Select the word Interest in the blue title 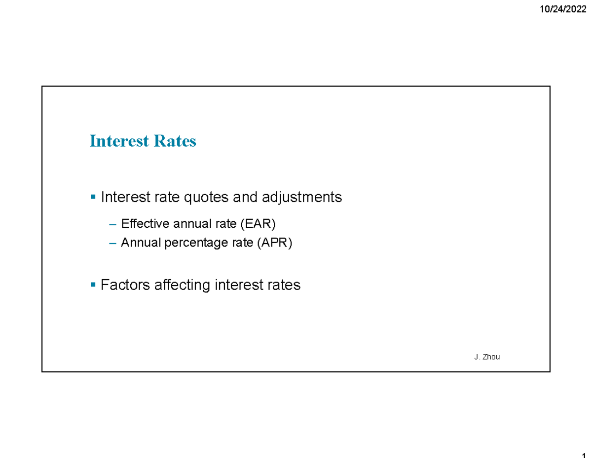[119, 141]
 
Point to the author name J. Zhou [486, 357]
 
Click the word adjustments [301, 198]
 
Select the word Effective [141, 224]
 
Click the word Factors [126, 285]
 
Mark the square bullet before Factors [93, 285]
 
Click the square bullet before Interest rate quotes [93, 197]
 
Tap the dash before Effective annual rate [112, 224]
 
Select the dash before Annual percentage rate [112, 243]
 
